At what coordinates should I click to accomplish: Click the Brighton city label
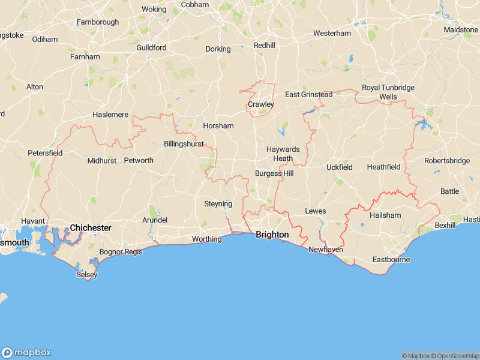(272, 235)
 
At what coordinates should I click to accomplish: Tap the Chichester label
(91, 228)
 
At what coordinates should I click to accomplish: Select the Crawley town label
(260, 104)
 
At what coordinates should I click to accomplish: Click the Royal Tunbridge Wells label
(388, 92)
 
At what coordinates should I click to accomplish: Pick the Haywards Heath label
(282, 154)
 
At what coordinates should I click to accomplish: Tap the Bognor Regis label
(121, 252)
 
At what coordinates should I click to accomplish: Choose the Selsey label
(87, 275)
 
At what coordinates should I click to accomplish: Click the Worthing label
(206, 239)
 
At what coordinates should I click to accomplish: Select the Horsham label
(218, 126)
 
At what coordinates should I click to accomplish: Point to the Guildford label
(151, 47)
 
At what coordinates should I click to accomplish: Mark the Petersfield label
(45, 153)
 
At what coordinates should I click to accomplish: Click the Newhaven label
(326, 249)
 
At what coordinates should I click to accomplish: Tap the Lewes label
(315, 211)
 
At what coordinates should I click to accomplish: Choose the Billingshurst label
(184, 144)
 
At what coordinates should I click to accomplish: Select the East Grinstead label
(308, 95)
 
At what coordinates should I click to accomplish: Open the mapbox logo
(26, 353)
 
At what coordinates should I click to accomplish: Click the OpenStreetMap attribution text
(455, 356)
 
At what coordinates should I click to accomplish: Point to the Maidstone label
(460, 29)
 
